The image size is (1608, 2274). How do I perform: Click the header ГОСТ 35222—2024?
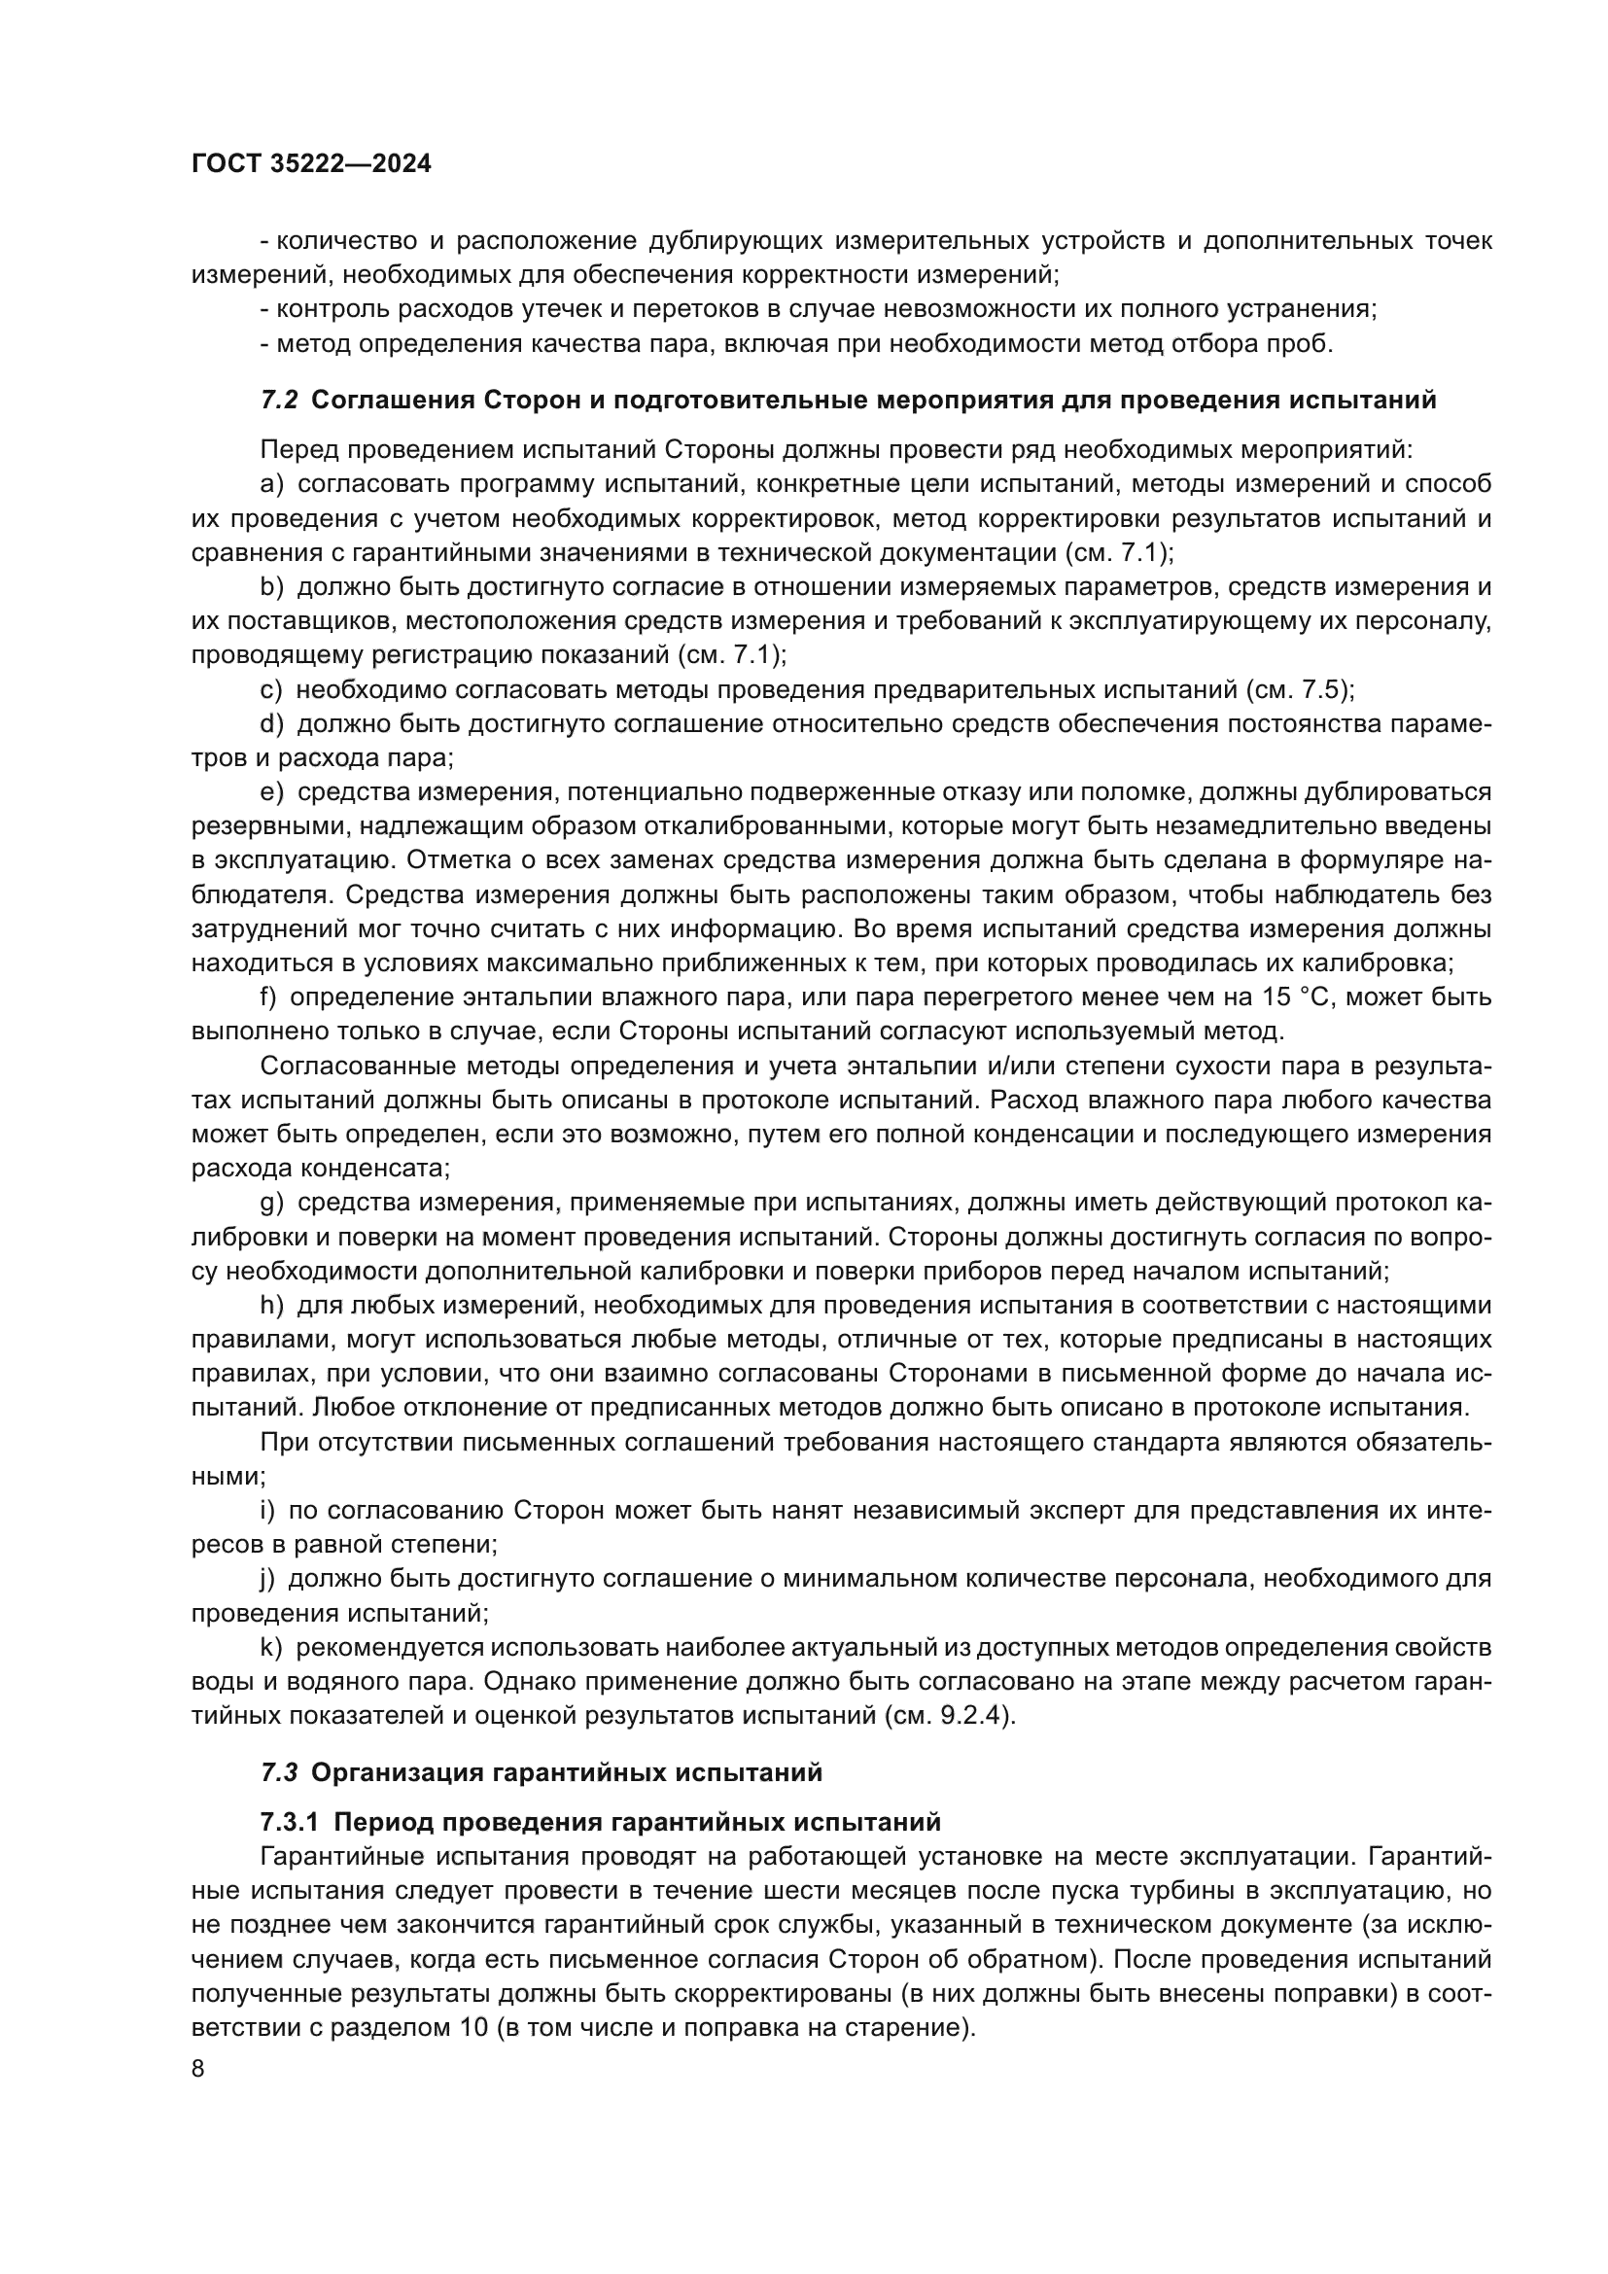pos(311,164)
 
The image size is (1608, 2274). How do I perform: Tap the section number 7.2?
pos(279,401)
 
